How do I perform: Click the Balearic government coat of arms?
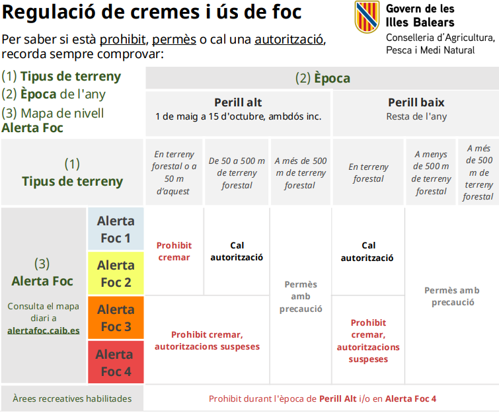point(367,17)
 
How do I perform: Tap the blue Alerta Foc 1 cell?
point(116,229)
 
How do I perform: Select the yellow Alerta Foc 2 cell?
point(116,273)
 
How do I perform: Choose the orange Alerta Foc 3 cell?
point(116,318)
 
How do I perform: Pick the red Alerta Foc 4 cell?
point(116,362)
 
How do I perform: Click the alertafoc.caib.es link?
point(44,330)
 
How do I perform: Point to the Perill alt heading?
point(238,102)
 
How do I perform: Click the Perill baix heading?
point(416,102)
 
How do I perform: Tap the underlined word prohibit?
point(122,40)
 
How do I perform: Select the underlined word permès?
point(174,40)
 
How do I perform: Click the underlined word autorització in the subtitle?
point(289,40)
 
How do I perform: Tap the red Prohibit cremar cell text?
point(174,251)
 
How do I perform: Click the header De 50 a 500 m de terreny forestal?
point(237,173)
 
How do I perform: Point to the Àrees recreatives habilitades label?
point(72,398)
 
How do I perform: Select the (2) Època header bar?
point(323,78)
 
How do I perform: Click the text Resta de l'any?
point(416,116)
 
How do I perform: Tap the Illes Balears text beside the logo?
point(420,22)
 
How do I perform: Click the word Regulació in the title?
point(49,13)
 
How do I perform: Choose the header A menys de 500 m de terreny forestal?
point(431,172)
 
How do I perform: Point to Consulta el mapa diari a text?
point(43,312)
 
